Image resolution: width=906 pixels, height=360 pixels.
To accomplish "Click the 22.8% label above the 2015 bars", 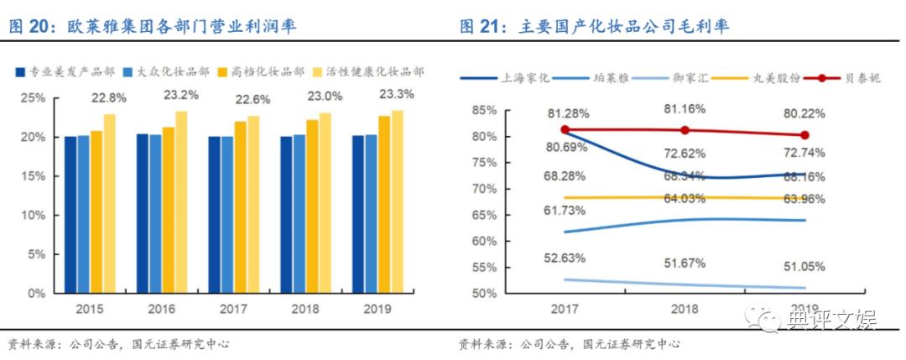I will (x=110, y=98).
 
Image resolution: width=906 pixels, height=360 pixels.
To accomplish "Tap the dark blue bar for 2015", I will (x=70, y=214).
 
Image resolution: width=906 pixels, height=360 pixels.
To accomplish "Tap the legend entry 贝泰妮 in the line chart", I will (x=841, y=78).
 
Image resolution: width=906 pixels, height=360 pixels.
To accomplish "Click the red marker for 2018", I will (x=685, y=130).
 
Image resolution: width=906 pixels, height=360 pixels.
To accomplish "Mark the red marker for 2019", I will (x=805, y=135).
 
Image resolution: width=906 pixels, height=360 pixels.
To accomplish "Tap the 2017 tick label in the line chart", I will (x=565, y=309).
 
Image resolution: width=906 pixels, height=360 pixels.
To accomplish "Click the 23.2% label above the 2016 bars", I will (x=181, y=95).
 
